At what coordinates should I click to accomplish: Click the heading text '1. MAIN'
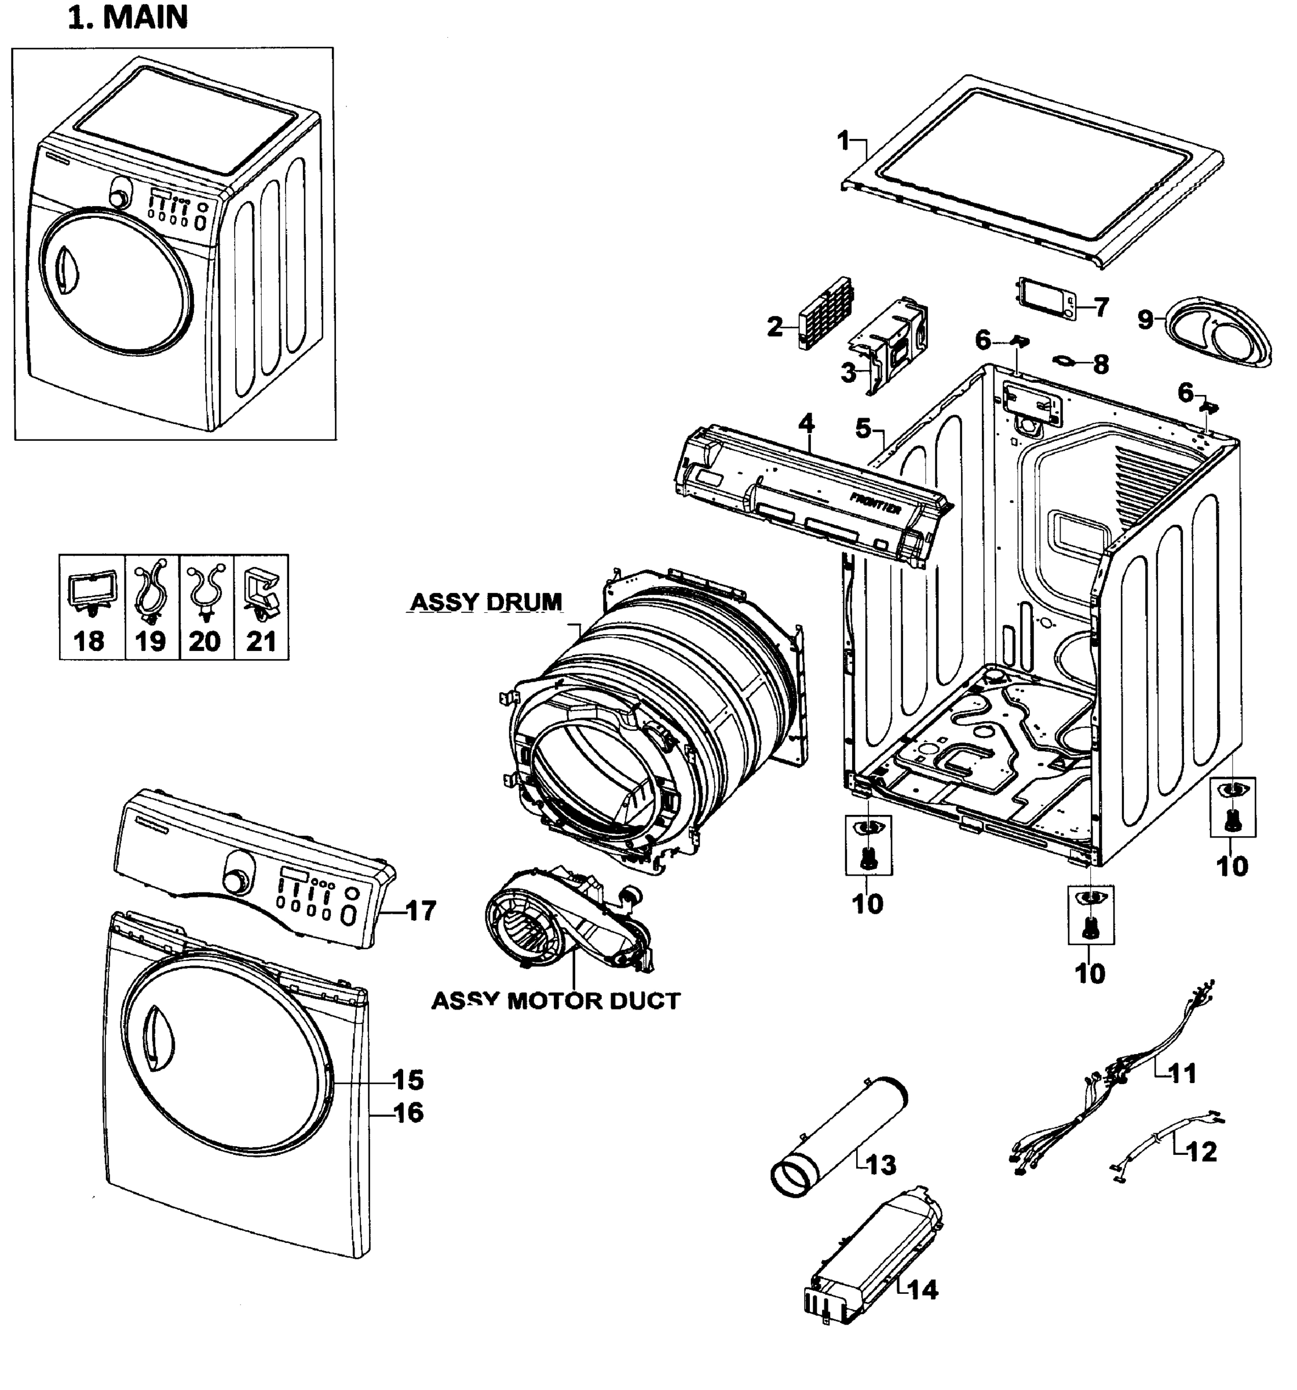pyautogui.click(x=128, y=17)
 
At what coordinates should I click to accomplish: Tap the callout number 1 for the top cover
pyautogui.click(x=844, y=141)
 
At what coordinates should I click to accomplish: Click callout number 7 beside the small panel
pyautogui.click(x=1101, y=306)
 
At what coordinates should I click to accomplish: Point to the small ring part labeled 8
pyautogui.click(x=1065, y=361)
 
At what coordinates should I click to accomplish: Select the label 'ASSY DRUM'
pyautogui.click(x=486, y=601)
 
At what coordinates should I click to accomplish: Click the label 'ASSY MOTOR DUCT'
pyautogui.click(x=555, y=1001)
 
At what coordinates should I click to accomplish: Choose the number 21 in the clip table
pyautogui.click(x=261, y=641)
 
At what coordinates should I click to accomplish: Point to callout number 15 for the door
pyautogui.click(x=408, y=1080)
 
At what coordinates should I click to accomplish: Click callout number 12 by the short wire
pyautogui.click(x=1201, y=1151)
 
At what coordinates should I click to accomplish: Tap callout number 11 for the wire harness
pyautogui.click(x=1182, y=1073)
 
